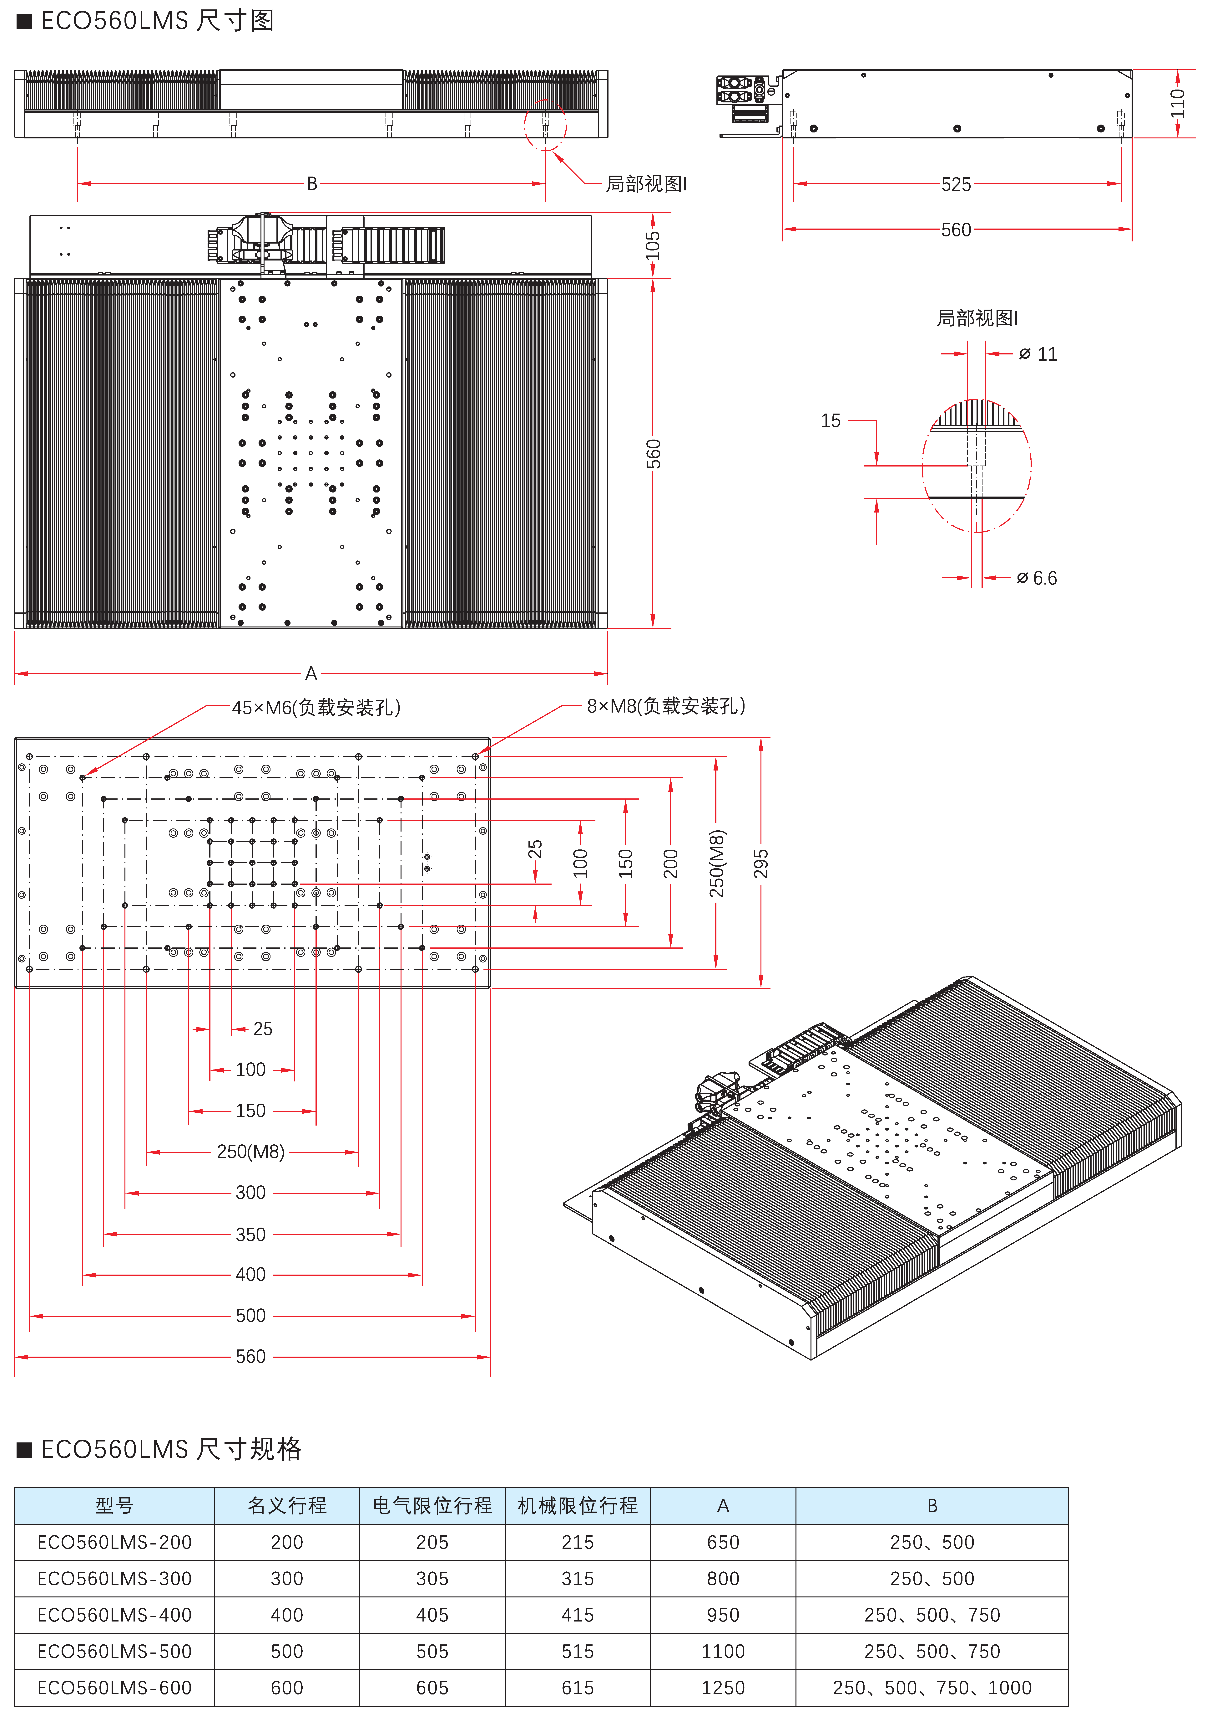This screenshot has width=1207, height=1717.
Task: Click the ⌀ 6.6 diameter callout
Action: coord(1037,578)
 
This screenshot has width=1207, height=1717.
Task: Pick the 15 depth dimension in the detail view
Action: coord(830,421)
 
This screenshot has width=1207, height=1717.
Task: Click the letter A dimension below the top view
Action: coord(311,674)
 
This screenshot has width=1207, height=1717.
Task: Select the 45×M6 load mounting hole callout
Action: coord(316,707)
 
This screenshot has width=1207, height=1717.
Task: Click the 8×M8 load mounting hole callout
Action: coord(666,706)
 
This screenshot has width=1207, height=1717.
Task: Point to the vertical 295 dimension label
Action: coord(761,864)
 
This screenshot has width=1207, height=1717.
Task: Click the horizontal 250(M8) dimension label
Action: coord(250,1152)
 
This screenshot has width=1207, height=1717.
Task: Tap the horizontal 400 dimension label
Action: coord(250,1274)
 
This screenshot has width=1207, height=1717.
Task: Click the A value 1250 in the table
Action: coord(723,1688)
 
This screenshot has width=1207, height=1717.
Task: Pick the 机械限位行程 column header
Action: coord(578,1505)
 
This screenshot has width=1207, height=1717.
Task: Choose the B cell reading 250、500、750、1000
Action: coord(932,1688)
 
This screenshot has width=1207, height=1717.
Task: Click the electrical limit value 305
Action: coord(432,1579)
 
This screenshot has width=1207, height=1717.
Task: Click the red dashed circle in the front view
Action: coord(546,100)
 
